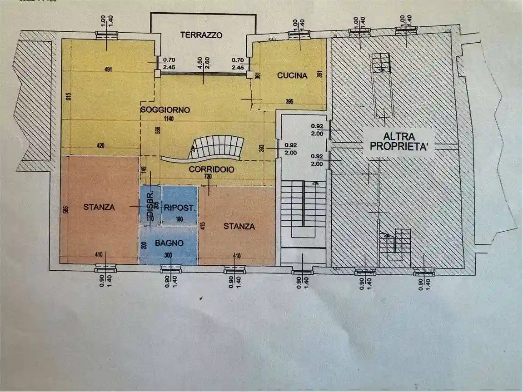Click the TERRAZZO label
tap(201, 35)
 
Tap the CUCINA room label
tap(292, 76)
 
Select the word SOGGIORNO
tap(165, 110)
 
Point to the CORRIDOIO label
tap(211, 169)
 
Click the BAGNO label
tap(169, 243)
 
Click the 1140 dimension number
tap(170, 119)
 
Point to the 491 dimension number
tap(108, 69)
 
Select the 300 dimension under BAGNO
tap(168, 255)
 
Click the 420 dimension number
tap(100, 146)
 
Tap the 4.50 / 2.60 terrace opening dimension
tap(203, 63)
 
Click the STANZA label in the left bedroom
tap(99, 207)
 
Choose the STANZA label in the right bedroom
tap(239, 226)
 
